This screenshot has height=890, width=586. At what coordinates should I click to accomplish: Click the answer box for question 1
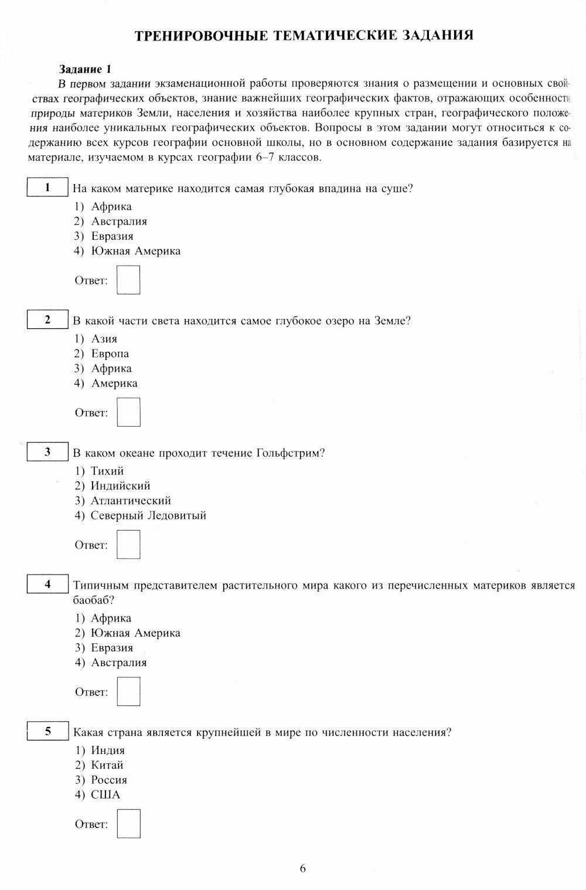click(x=128, y=280)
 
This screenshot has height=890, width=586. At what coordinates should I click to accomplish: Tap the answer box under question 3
click(x=128, y=544)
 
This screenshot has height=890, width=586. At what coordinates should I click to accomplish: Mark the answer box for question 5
click(x=128, y=823)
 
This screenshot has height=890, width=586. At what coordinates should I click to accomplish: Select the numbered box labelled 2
click(x=47, y=320)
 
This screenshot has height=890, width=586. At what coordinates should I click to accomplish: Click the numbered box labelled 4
click(x=47, y=585)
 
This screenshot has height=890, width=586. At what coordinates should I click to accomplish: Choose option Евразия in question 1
click(x=112, y=236)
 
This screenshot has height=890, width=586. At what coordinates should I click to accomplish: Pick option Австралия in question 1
click(x=119, y=222)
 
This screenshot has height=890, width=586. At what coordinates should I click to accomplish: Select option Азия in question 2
click(x=104, y=339)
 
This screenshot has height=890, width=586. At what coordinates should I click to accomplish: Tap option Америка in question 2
click(x=114, y=383)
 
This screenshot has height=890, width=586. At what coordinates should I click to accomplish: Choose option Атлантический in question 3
click(x=131, y=501)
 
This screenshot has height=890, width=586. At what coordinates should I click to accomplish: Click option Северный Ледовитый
click(x=148, y=516)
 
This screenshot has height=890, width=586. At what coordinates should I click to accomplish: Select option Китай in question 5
click(x=107, y=765)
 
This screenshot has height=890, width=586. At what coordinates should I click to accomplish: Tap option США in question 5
click(x=105, y=795)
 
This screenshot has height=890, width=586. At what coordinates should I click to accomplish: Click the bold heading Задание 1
click(x=85, y=69)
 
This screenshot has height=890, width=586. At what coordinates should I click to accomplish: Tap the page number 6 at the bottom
click(x=302, y=868)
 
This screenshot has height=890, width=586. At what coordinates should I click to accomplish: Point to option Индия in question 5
click(x=108, y=750)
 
